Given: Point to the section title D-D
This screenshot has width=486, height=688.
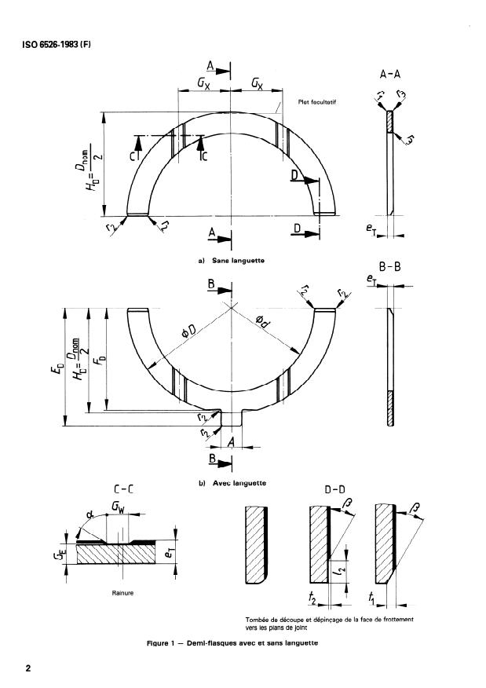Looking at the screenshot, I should (x=335, y=489).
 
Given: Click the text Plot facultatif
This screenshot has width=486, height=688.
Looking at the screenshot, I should (x=316, y=101).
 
